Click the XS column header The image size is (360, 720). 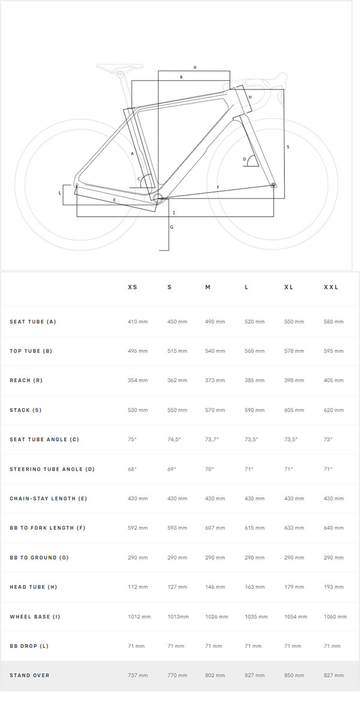pyautogui.click(x=133, y=287)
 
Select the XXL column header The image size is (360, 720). pyautogui.click(x=331, y=287)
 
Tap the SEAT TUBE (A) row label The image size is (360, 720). pyautogui.click(x=33, y=322)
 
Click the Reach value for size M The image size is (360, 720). pyautogui.click(x=215, y=380)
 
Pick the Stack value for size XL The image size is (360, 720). pyautogui.click(x=294, y=410)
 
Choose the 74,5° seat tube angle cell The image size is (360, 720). pyautogui.click(x=174, y=439)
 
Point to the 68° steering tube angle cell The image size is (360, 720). pyautogui.click(x=132, y=469)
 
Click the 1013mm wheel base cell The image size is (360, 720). pyautogui.click(x=178, y=617)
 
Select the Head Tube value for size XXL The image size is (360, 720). pyautogui.click(x=334, y=587)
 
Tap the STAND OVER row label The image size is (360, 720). pyautogui.click(x=29, y=676)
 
